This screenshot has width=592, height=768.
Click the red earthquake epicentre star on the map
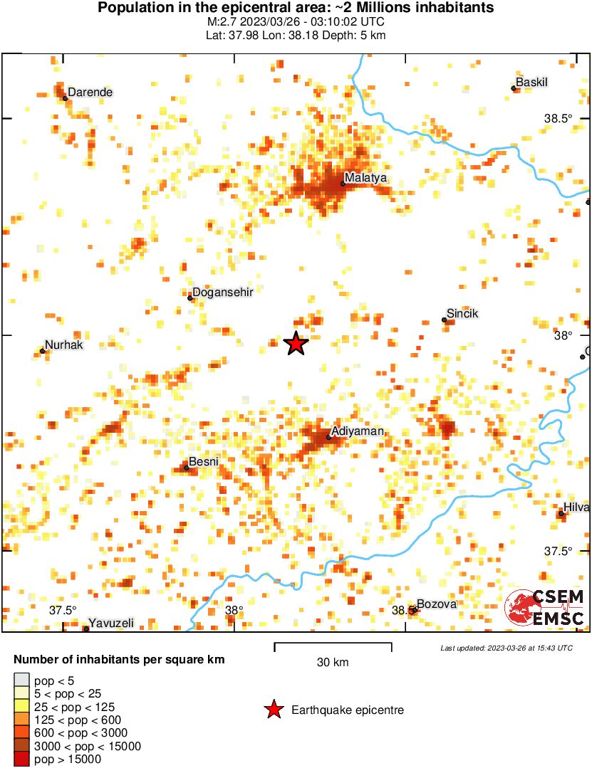296,344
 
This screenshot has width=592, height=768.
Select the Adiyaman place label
358,431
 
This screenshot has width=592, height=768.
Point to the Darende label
90,92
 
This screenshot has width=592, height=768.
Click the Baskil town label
531,83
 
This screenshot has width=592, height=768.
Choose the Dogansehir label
223,292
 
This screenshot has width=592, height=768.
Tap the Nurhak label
64,344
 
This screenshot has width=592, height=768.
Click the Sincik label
462,313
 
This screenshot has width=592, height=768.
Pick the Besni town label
203,462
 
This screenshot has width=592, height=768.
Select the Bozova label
436,604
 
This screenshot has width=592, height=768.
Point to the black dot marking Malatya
343,184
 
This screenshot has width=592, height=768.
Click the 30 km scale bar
333,648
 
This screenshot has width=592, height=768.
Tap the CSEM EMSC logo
545,607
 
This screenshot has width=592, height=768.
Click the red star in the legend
273,710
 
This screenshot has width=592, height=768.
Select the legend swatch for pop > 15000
22,759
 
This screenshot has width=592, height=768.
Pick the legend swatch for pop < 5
22,681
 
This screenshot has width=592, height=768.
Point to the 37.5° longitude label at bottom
63,610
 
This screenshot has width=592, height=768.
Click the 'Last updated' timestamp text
506,648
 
